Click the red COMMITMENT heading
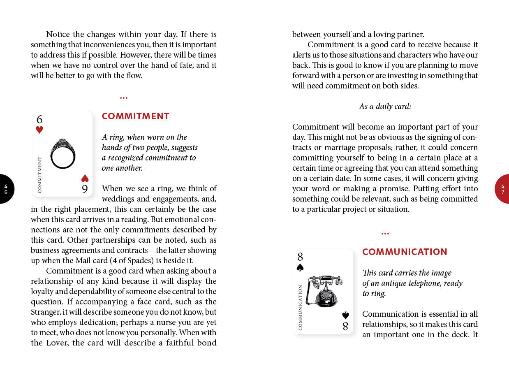(x=135, y=116)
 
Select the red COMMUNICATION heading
(x=405, y=252)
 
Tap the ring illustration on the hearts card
(x=62, y=153)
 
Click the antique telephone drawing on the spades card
(x=326, y=291)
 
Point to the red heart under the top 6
(x=39, y=130)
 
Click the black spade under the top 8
(x=300, y=267)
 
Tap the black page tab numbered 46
(x=6, y=189)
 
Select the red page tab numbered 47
(x=502, y=189)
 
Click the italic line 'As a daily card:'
(x=385, y=107)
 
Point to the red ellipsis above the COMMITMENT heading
(x=124, y=98)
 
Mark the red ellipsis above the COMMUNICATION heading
(x=385, y=234)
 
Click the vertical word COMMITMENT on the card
(x=40, y=174)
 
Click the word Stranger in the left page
(x=45, y=312)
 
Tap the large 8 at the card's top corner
(x=300, y=257)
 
